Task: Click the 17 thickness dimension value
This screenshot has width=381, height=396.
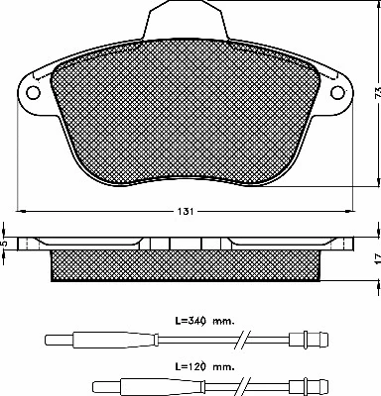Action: pyautogui.click(x=374, y=259)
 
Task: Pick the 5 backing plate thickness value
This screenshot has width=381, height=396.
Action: pyautogui.click(x=5, y=245)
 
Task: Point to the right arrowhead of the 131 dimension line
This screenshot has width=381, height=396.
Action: pyautogui.click(x=348, y=211)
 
